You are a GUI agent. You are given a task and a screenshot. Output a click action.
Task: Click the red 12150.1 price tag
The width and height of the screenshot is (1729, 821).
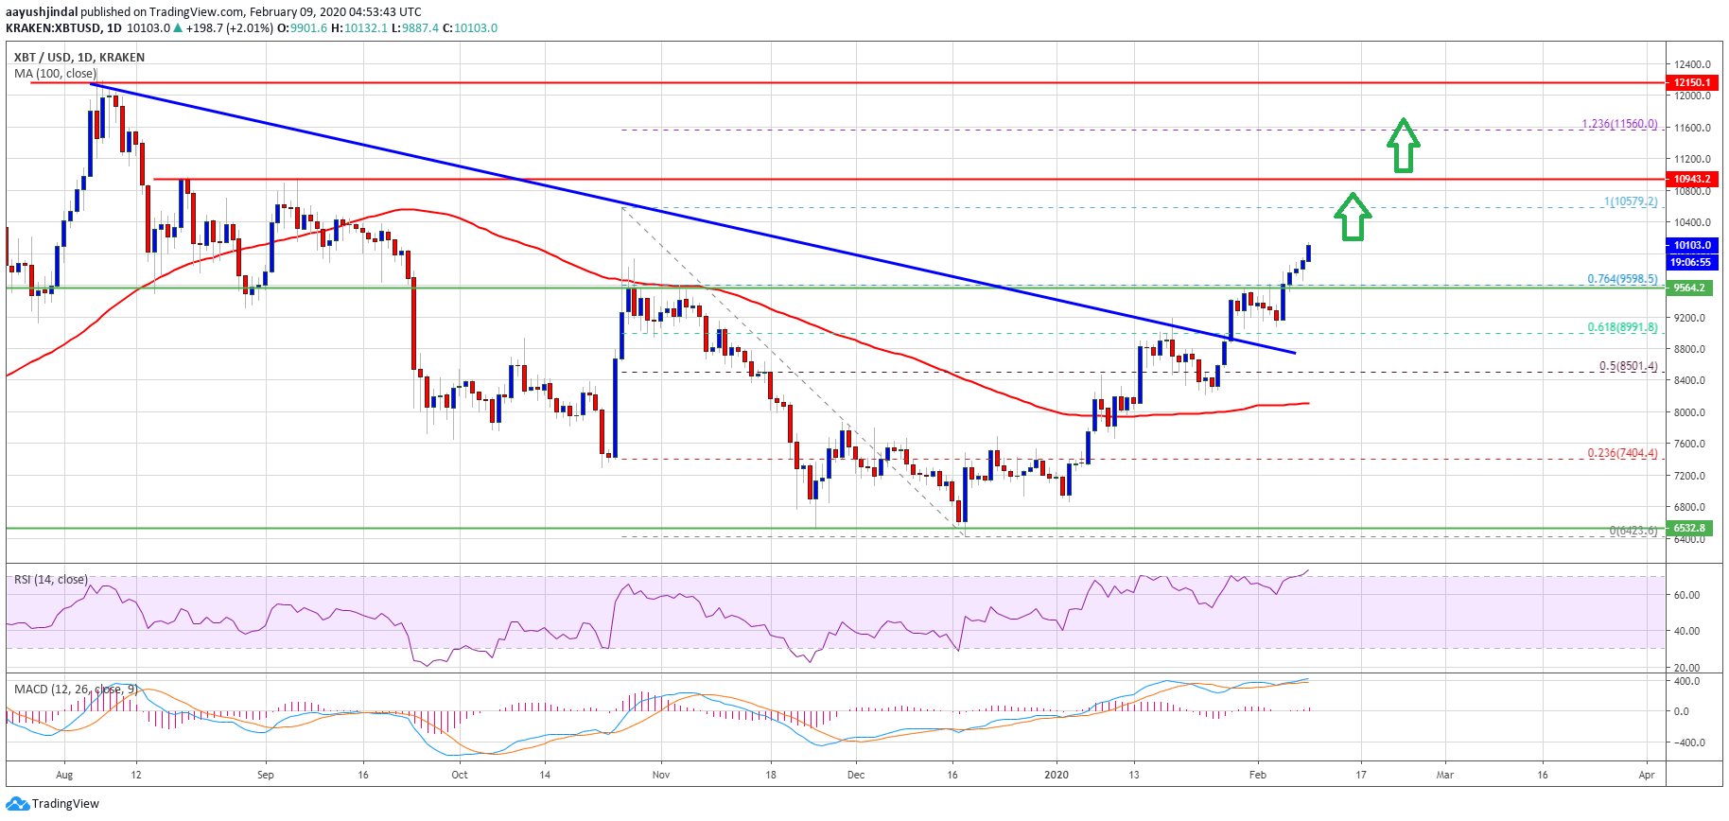pyautogui.click(x=1691, y=83)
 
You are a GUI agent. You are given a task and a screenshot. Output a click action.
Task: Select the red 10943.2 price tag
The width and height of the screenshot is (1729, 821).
pyautogui.click(x=1691, y=179)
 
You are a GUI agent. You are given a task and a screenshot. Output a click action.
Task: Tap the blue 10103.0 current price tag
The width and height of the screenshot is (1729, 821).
pyautogui.click(x=1691, y=245)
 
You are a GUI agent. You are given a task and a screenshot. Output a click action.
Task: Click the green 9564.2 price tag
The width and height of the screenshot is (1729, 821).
pyautogui.click(x=1689, y=288)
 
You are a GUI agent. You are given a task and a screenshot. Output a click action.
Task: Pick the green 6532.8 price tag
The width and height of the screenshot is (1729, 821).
pyautogui.click(x=1689, y=528)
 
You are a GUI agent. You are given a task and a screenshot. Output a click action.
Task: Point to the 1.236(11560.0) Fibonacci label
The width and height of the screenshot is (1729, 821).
pyautogui.click(x=1619, y=124)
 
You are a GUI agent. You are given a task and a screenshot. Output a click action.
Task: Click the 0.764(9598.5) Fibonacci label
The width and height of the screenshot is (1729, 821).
pyautogui.click(x=1622, y=279)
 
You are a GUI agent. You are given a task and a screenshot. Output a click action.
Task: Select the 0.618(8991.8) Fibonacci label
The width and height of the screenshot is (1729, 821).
pyautogui.click(x=1622, y=327)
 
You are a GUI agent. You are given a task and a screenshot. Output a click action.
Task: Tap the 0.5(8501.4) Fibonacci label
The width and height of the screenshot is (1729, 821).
pyautogui.click(x=1628, y=366)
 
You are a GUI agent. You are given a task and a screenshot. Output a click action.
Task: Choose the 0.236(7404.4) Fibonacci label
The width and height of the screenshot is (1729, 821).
pyautogui.click(x=1622, y=453)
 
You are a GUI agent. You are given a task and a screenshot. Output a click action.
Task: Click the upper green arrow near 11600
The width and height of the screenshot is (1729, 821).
pyautogui.click(x=1404, y=146)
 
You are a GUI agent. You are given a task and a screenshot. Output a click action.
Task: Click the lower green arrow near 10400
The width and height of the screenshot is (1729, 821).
pyautogui.click(x=1353, y=217)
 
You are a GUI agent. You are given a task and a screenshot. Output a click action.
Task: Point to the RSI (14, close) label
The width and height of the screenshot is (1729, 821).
pyautogui.click(x=51, y=580)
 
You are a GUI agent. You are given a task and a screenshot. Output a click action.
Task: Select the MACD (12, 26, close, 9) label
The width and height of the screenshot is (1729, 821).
pyautogui.click(x=77, y=689)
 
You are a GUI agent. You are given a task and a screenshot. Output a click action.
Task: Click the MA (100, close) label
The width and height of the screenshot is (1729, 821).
pyautogui.click(x=55, y=74)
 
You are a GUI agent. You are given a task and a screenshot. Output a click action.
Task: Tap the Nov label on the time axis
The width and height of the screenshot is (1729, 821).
pyautogui.click(x=661, y=775)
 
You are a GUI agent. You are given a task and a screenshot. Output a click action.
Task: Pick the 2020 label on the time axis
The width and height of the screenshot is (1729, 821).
pyautogui.click(x=1057, y=775)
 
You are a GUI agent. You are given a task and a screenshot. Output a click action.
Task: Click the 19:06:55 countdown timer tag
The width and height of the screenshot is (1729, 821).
pyautogui.click(x=1690, y=262)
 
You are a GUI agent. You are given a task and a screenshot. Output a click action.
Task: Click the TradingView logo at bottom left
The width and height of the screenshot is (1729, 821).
pyautogui.click(x=53, y=804)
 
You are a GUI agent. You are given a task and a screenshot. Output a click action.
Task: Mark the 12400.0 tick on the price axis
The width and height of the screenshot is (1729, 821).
pyautogui.click(x=1692, y=64)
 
